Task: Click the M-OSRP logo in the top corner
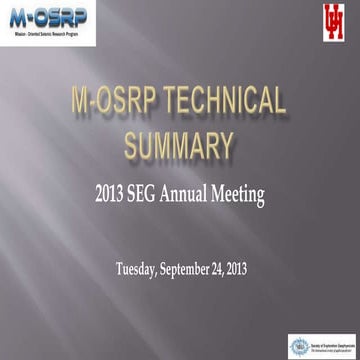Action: [48, 22]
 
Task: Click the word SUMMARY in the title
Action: [180, 144]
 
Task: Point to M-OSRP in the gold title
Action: [109, 103]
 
